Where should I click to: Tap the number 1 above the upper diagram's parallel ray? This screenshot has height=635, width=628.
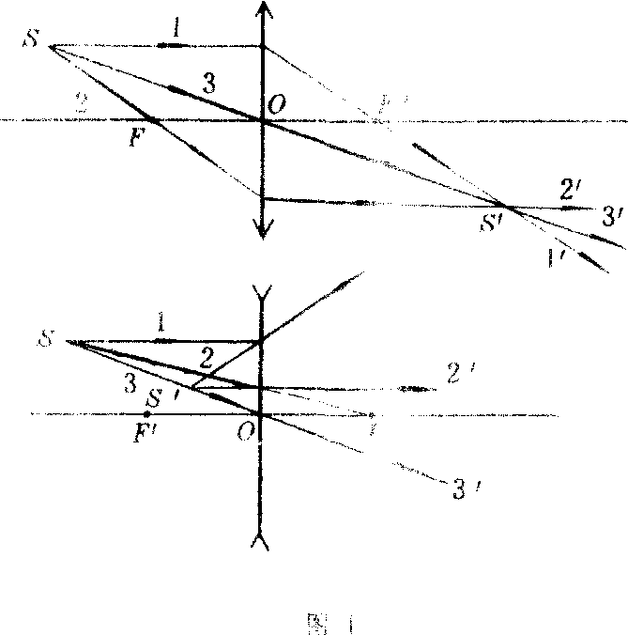click(176, 29)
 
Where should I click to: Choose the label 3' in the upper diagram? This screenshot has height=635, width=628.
click(613, 218)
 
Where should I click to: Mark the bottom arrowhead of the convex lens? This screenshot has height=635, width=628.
click(263, 230)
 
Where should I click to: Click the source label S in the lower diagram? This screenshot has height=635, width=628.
click(42, 336)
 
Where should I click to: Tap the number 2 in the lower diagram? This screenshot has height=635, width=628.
click(207, 355)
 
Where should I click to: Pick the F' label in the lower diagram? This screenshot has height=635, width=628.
click(145, 434)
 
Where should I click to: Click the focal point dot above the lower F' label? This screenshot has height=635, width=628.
click(147, 414)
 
